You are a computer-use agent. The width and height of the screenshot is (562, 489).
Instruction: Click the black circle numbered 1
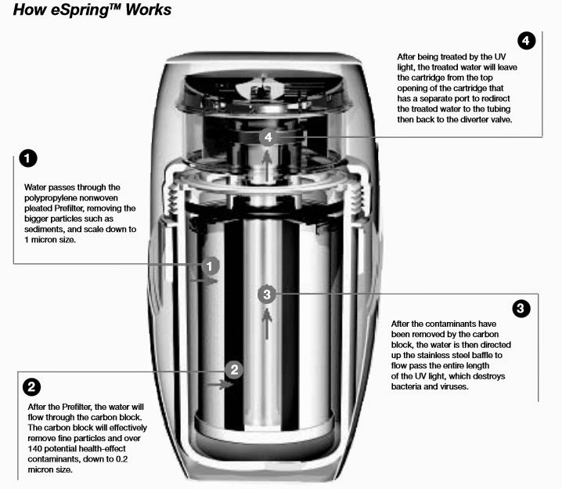(27, 160)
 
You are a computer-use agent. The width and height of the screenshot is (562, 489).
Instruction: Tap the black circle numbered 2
(32, 386)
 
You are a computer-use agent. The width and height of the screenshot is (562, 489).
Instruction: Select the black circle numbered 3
(521, 308)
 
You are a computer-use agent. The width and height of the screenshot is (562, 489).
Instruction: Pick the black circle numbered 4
(527, 41)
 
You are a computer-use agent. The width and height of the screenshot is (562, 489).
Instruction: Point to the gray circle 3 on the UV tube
(268, 295)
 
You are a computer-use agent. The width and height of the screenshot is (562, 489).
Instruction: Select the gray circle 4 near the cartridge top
(268, 137)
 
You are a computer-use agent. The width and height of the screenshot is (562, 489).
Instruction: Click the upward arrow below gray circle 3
(268, 323)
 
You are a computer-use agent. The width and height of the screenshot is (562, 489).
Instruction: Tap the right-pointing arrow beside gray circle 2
(224, 385)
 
